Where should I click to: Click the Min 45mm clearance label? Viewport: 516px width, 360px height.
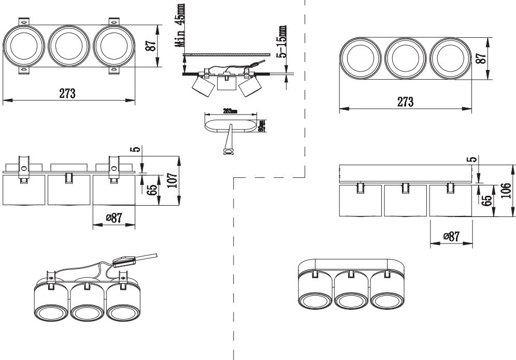pos(180,25)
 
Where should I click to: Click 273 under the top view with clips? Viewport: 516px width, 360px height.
pos(67,94)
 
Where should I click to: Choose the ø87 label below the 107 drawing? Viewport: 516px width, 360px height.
pos(114,218)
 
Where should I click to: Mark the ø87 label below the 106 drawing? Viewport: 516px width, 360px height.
pos(451,236)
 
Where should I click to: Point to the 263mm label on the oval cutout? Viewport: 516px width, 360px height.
pos(230,111)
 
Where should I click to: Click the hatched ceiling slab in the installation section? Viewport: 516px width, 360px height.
pos(228,54)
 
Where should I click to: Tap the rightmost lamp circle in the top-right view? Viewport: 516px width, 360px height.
pos(450,58)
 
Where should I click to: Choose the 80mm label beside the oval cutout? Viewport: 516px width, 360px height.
pos(262,126)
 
